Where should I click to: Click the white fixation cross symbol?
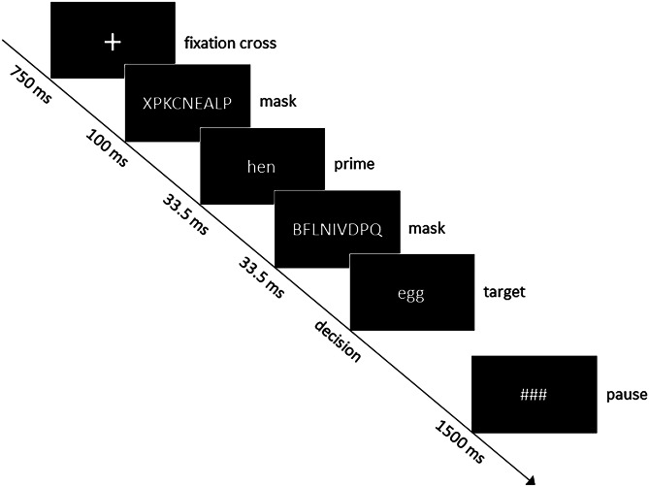[114, 41]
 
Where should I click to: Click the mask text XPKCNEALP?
[187, 105]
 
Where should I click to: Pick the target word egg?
[411, 292]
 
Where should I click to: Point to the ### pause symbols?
[533, 395]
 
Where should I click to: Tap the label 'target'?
[503, 291]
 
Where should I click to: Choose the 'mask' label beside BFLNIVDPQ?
[427, 229]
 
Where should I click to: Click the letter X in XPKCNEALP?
[146, 105]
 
